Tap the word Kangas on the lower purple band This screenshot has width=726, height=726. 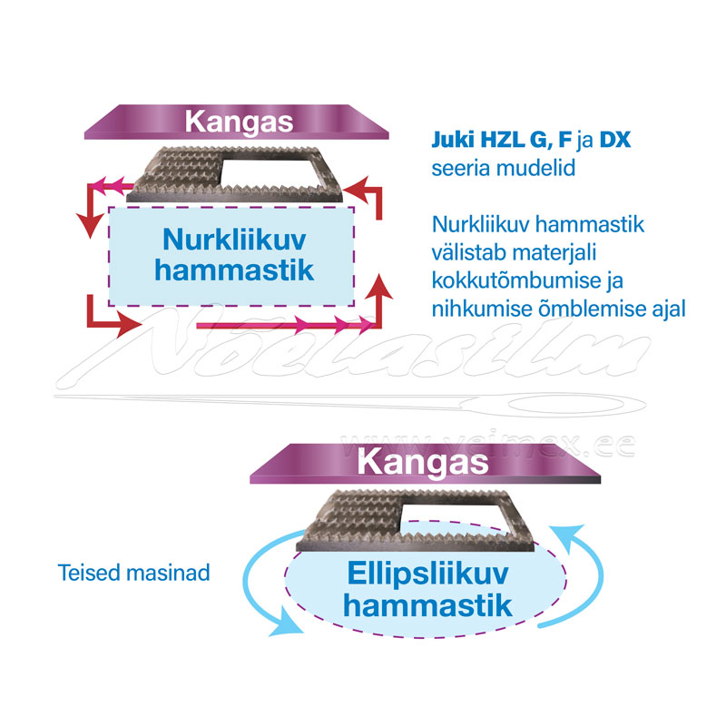pos(423,460)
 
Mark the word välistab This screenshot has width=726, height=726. pos(470,252)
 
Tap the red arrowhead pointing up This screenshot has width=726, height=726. pos(382,289)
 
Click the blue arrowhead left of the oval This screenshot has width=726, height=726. pos(288,625)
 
